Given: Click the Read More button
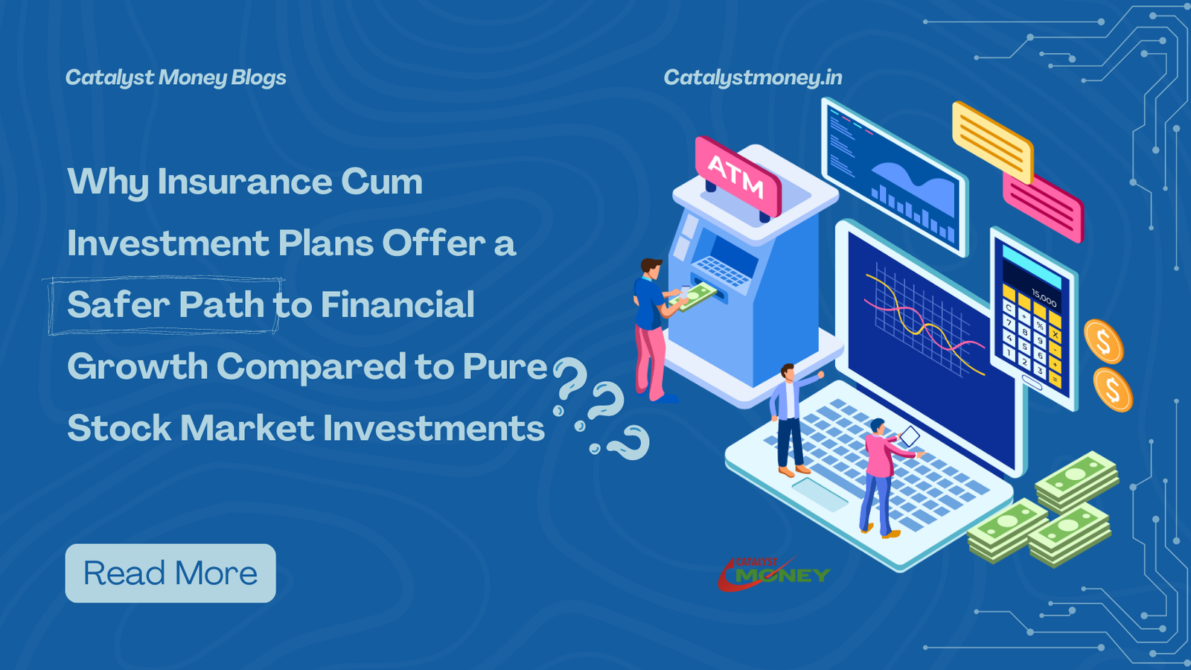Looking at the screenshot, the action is point(170,572).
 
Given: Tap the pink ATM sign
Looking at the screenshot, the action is point(738,176).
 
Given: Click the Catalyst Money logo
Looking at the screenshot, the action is point(774,574).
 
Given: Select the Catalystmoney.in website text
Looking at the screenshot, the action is point(753,77).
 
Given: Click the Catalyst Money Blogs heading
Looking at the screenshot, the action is point(176,78).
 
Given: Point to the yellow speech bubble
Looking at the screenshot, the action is point(993,141).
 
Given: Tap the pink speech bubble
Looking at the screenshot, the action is point(1043,207).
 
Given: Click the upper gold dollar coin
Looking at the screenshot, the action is point(1104,342).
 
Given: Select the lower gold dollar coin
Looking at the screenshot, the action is point(1113,390).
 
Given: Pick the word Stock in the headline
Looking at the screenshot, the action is point(119,428).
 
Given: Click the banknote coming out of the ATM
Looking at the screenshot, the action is point(693,296).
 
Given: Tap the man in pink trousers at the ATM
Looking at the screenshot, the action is point(654,331).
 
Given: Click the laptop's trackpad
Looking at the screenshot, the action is point(820,494).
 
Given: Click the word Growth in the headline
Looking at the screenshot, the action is point(137,366).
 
